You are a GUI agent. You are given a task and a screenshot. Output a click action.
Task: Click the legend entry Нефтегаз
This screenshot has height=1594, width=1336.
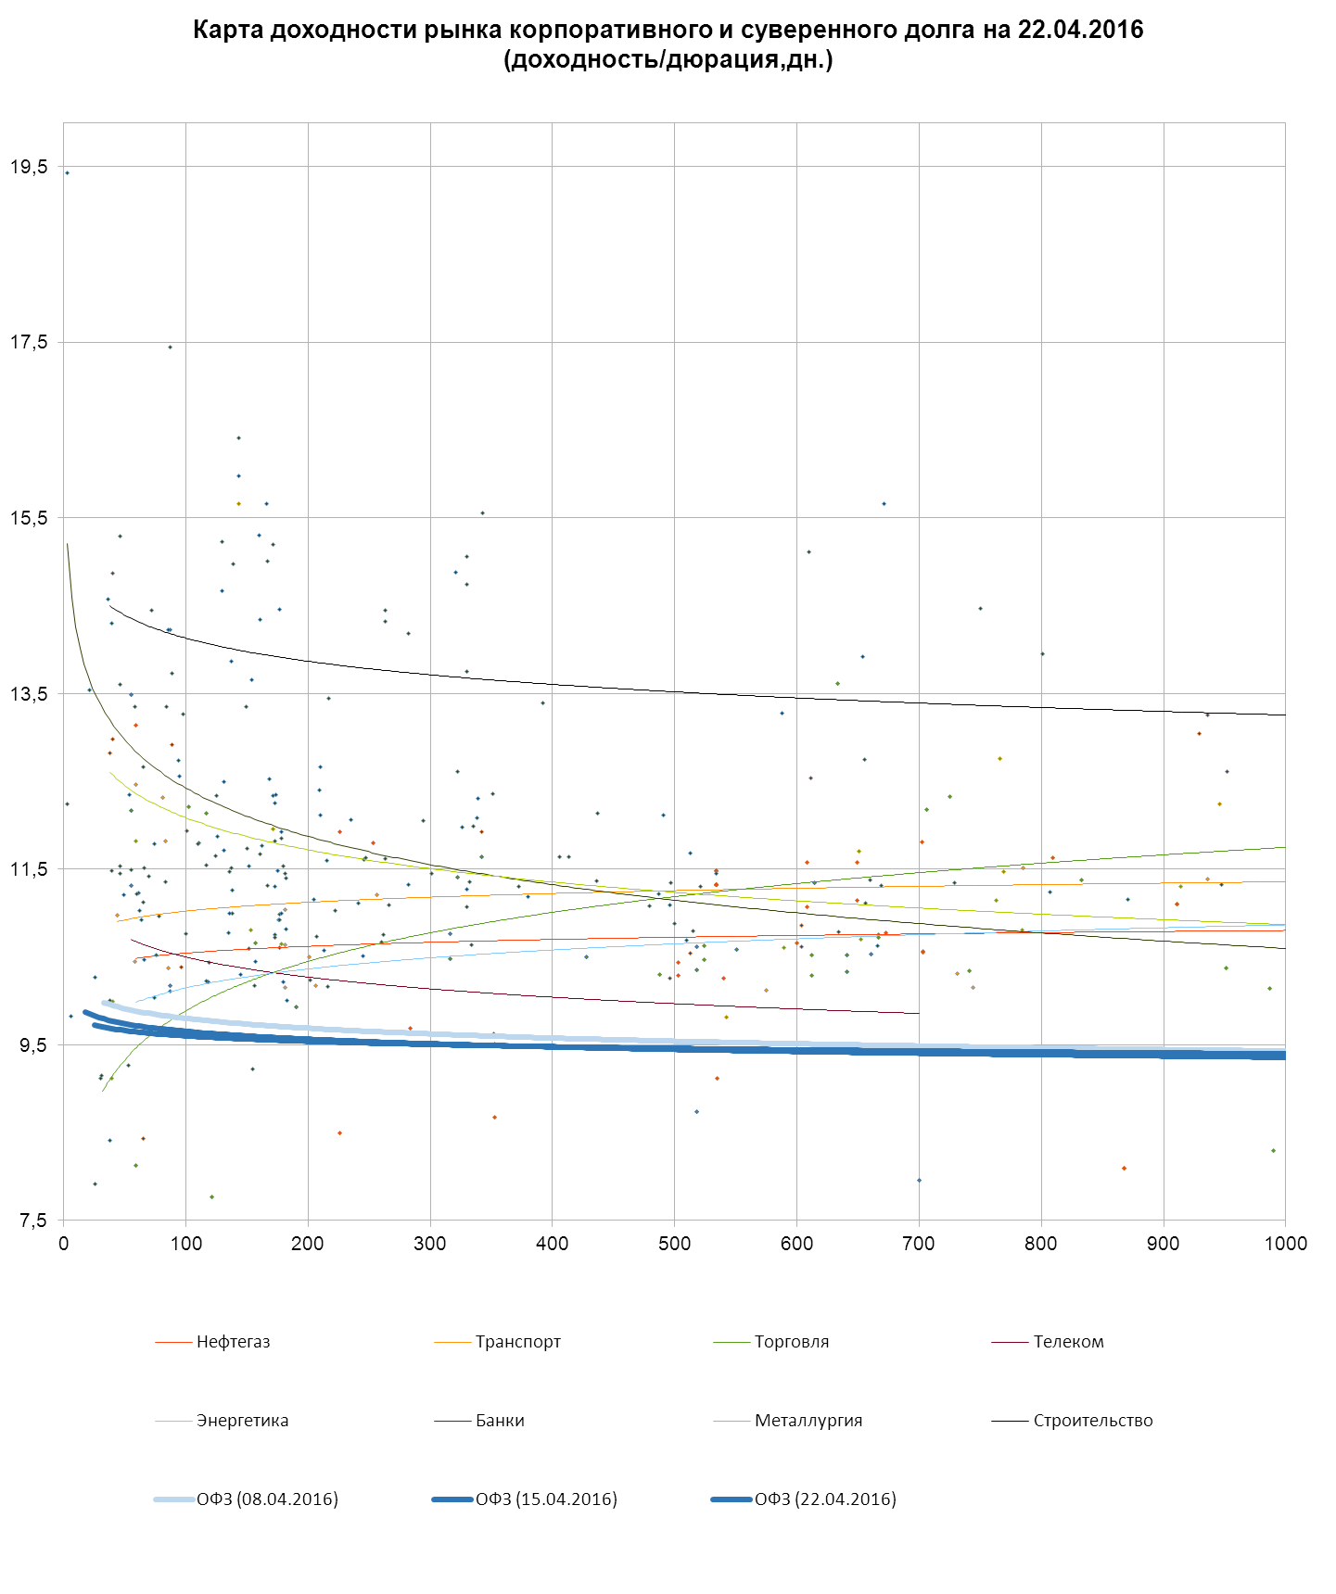click(x=233, y=1342)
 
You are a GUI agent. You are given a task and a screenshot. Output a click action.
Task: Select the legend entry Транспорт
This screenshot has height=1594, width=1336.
click(x=517, y=1342)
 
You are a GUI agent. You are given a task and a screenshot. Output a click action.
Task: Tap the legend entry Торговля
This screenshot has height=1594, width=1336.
click(x=791, y=1342)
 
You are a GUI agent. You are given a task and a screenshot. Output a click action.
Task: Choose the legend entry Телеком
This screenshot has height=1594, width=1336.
click(x=1068, y=1342)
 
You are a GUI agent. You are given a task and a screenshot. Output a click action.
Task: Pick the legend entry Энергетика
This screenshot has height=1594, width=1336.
click(x=242, y=1421)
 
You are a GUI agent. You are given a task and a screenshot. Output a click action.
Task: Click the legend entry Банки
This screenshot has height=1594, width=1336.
click(x=500, y=1421)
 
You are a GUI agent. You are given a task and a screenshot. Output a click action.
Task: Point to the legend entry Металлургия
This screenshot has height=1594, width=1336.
click(x=808, y=1421)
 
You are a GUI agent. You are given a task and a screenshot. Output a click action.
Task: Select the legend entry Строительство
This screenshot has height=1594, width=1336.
click(x=1092, y=1421)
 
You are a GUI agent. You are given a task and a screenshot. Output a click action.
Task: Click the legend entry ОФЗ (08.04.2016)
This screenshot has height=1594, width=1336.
click(x=266, y=1499)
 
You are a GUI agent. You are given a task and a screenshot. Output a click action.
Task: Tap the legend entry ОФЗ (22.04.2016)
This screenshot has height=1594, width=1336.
click(x=824, y=1499)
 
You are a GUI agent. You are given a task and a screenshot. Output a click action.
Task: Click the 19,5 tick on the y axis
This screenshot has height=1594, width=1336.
click(x=29, y=167)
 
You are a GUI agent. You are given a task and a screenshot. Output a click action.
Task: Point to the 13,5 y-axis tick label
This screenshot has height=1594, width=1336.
click(x=29, y=694)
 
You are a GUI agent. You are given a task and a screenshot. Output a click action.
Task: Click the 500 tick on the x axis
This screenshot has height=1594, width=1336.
click(x=675, y=1244)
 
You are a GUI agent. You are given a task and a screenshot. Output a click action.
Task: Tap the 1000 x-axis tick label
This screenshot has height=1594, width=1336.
click(x=1285, y=1244)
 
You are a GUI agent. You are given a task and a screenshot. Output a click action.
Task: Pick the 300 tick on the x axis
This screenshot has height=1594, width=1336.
click(x=430, y=1244)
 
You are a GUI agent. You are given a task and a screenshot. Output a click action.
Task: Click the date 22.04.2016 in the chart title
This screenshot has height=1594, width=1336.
click(x=1080, y=30)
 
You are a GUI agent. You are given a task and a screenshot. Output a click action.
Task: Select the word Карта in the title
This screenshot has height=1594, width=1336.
click(x=223, y=30)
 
